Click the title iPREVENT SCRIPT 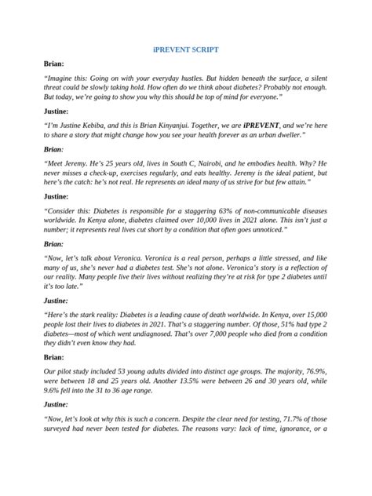(185, 49)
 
